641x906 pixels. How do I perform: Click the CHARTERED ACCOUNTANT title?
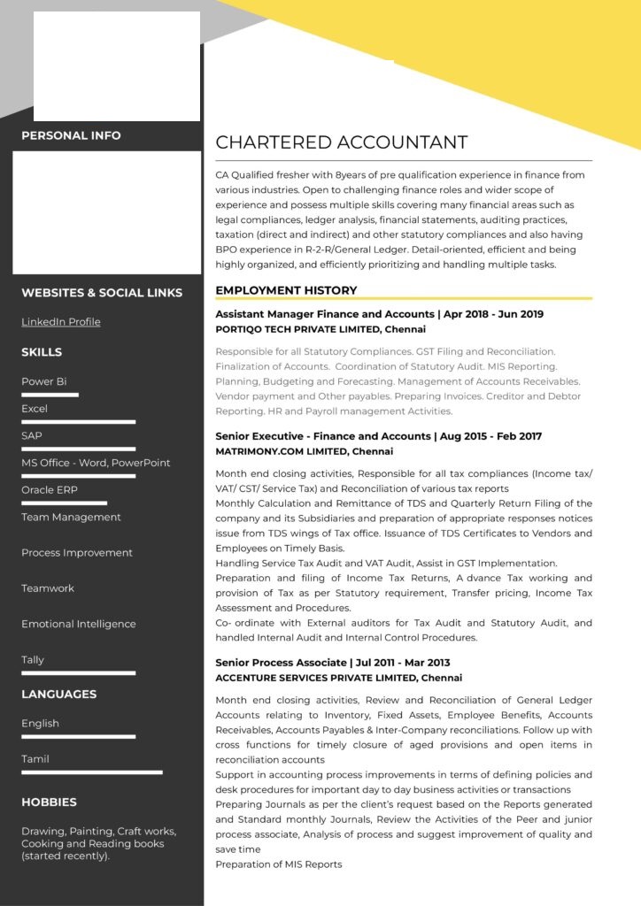pos(341,142)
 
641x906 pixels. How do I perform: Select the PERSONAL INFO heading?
pos(71,135)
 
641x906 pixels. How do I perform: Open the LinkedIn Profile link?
pos(61,322)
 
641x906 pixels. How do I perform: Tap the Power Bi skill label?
pos(44,382)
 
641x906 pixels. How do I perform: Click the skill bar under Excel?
pos(78,422)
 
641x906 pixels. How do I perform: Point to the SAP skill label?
pos(32,436)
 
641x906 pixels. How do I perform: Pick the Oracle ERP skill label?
pos(50,490)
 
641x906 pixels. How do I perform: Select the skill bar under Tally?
pos(78,673)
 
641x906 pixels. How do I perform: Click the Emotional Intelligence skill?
pos(79,624)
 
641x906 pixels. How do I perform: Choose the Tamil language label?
pos(35,759)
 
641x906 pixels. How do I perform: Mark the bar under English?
pos(78,736)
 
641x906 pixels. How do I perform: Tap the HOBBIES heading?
pos(49,802)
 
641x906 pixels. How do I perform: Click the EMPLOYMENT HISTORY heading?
pos(286,290)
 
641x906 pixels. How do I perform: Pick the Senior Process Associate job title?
pos(281,663)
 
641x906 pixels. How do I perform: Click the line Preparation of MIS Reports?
pos(278,864)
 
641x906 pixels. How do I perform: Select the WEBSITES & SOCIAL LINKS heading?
pos(102,293)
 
